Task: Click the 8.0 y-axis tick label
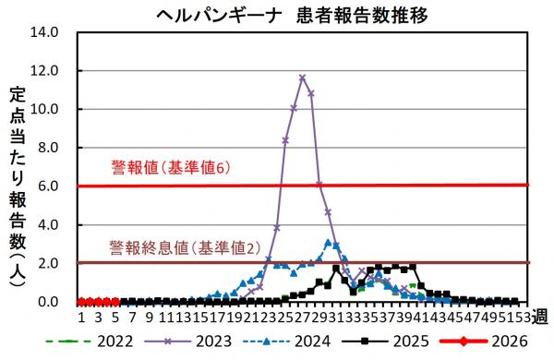click(x=48, y=148)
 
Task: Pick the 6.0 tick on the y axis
click(x=48, y=186)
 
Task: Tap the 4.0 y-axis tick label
click(x=48, y=225)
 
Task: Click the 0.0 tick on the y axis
click(x=48, y=302)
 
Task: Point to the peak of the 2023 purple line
click(x=302, y=78)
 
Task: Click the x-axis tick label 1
click(x=81, y=318)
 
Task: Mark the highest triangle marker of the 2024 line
click(x=328, y=243)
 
